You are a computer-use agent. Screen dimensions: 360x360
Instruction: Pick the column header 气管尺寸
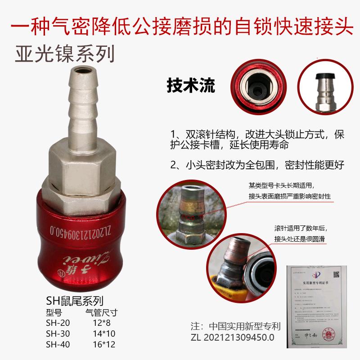[101, 312]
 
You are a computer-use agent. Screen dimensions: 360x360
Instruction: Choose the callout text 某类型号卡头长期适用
[286, 185]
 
